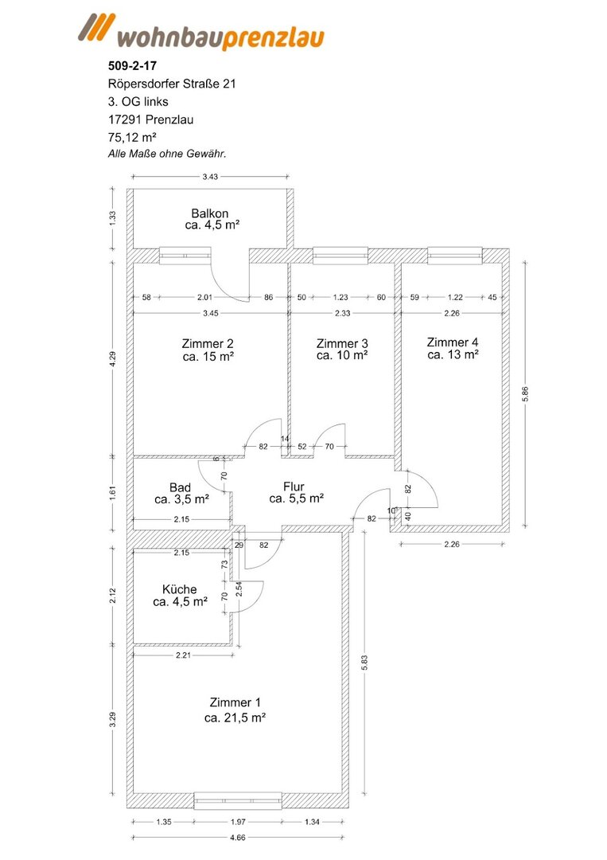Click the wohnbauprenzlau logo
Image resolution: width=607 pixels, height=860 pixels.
[200, 34]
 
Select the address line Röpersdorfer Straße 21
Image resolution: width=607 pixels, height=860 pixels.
[171, 83]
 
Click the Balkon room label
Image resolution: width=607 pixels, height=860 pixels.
[211, 213]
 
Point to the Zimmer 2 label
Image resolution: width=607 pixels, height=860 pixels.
[208, 343]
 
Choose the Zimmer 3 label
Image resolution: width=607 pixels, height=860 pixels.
[342, 343]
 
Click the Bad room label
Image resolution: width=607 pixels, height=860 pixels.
[181, 487]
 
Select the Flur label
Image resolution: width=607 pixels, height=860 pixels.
[294, 486]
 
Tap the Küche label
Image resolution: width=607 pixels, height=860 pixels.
[180, 589]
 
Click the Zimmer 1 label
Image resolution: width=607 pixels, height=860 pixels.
[235, 702]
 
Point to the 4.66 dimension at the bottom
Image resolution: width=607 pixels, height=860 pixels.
[237, 837]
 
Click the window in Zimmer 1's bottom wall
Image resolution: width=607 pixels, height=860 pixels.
[238, 799]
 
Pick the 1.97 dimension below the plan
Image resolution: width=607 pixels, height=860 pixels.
[237, 821]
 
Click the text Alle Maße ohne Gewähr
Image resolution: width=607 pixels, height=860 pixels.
[167, 154]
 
